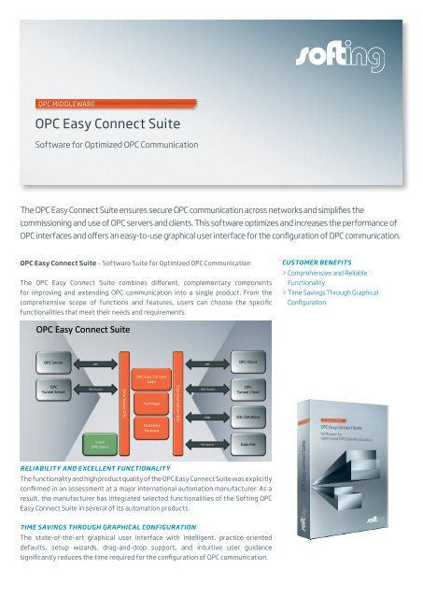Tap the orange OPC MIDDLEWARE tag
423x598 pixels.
(x=63, y=103)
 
